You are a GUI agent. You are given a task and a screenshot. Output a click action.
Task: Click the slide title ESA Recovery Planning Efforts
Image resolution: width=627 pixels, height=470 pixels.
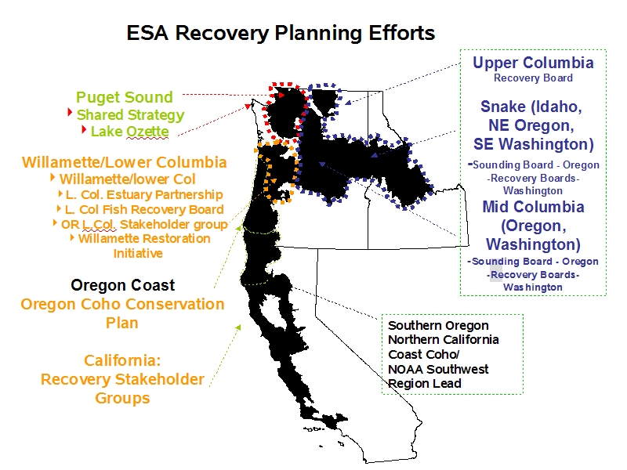tap(281, 33)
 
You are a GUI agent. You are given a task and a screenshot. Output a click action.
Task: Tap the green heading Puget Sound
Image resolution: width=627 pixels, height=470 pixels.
tap(125, 97)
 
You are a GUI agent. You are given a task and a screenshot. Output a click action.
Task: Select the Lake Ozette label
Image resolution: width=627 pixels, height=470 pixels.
tap(129, 131)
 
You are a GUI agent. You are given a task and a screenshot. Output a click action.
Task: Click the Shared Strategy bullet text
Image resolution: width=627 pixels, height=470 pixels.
tap(130, 114)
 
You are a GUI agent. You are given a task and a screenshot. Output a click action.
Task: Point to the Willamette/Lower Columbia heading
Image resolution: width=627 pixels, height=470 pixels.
tap(125, 162)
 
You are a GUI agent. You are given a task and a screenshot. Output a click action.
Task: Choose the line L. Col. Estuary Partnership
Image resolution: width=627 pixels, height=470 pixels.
tap(144, 194)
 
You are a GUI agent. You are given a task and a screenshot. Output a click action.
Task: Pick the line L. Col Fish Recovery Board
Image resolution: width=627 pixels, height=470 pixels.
tap(144, 209)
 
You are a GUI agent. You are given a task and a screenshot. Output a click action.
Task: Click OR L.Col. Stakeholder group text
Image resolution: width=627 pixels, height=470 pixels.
tap(144, 224)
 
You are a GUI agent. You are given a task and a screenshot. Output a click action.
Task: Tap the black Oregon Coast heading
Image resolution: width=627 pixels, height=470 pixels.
tap(123, 285)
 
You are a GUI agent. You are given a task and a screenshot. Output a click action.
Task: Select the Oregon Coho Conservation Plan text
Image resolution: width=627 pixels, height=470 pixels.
tap(122, 313)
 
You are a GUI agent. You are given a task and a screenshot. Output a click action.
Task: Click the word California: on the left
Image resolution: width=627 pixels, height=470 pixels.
tap(122, 360)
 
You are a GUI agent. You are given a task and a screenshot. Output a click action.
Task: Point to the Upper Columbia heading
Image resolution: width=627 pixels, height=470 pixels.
tap(533, 63)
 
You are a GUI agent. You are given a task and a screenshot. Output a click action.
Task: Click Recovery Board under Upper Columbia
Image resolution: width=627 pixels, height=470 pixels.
tap(533, 78)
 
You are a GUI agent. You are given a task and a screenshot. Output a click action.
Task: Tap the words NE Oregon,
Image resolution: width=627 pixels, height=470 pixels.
tap(531, 125)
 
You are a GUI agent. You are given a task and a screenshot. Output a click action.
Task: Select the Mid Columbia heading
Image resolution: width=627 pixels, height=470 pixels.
tap(533, 207)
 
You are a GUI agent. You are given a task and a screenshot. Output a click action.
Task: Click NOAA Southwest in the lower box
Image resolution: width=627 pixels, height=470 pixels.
tap(438, 369)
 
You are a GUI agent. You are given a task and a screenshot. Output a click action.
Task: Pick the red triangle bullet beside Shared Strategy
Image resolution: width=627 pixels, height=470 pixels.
tap(70, 113)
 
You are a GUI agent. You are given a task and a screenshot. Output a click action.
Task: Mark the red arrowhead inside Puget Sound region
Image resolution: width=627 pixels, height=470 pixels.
tap(281, 95)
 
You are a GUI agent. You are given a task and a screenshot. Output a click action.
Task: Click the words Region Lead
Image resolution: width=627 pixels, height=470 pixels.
tap(425, 384)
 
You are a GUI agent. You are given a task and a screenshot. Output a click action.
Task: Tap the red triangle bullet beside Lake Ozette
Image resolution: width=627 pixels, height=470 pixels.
tap(84, 129)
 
